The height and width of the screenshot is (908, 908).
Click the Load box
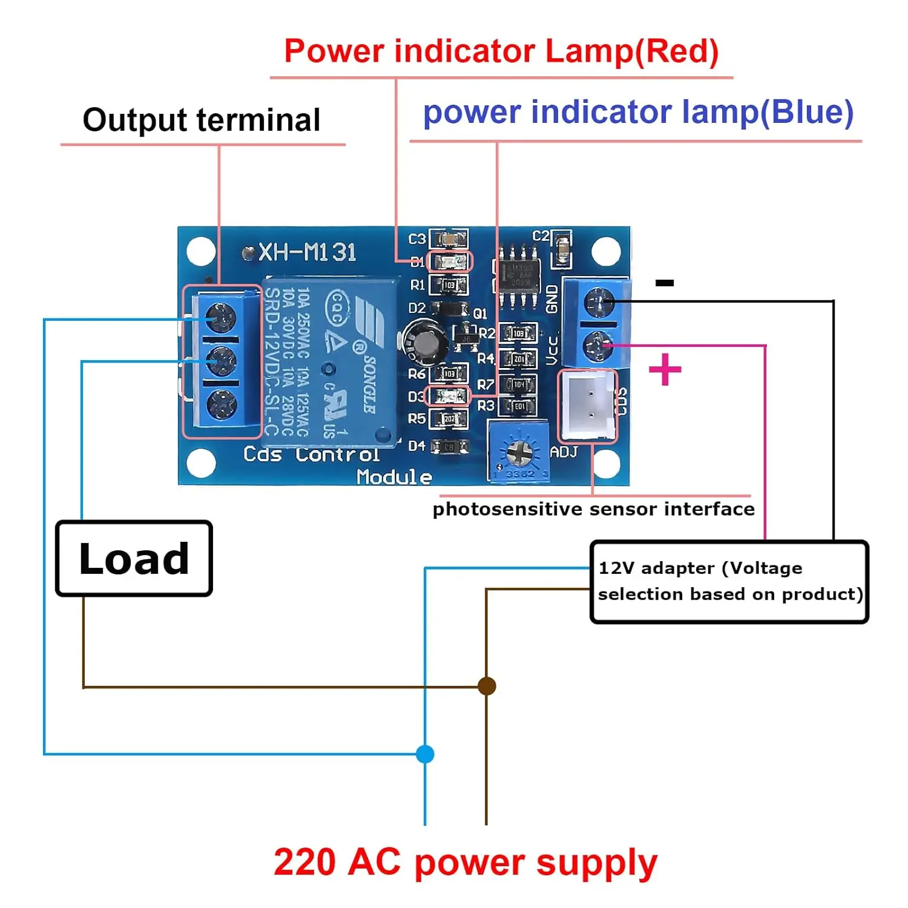click(134, 558)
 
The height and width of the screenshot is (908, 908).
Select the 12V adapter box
click(729, 582)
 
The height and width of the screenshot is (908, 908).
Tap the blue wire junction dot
click(426, 754)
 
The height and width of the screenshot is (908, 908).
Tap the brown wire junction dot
click(487, 686)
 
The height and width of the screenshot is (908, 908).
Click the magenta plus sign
click(665, 369)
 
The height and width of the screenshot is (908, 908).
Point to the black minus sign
click(665, 283)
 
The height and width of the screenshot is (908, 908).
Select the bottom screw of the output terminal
click(222, 403)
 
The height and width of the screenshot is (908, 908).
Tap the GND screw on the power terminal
click(598, 301)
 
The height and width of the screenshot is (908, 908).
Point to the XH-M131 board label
click(307, 252)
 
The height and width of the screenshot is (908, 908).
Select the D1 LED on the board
click(449, 262)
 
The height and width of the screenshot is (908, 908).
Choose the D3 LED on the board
click(449, 396)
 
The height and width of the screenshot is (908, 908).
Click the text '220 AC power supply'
click(465, 862)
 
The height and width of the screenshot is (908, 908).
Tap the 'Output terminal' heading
click(202, 120)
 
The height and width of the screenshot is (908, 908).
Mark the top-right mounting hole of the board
click(605, 251)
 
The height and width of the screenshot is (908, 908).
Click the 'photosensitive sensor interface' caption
click(593, 509)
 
